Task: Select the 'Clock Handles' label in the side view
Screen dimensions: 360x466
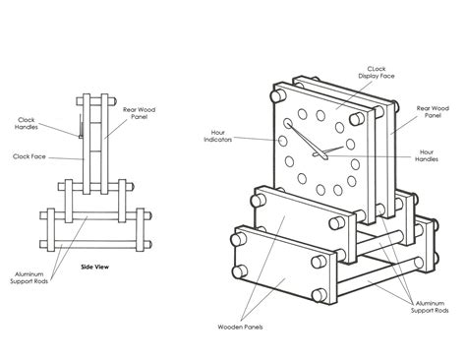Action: coord(27,123)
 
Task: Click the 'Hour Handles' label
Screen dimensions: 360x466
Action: coord(427,155)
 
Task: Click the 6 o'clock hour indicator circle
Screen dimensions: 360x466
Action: coord(321,190)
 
